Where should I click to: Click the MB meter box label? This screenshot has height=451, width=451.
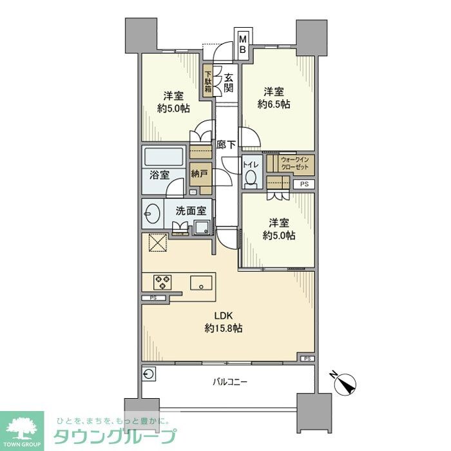[x=243, y=44]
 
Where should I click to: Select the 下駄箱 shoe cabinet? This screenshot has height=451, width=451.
[x=209, y=82]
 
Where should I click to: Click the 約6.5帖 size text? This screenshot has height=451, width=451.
[x=274, y=104]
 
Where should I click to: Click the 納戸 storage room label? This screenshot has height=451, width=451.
[x=199, y=173]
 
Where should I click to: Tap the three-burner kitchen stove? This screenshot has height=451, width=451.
[x=162, y=282]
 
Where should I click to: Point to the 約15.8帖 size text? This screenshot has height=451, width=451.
[x=224, y=329]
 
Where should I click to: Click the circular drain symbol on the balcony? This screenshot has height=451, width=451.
[x=149, y=374]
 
